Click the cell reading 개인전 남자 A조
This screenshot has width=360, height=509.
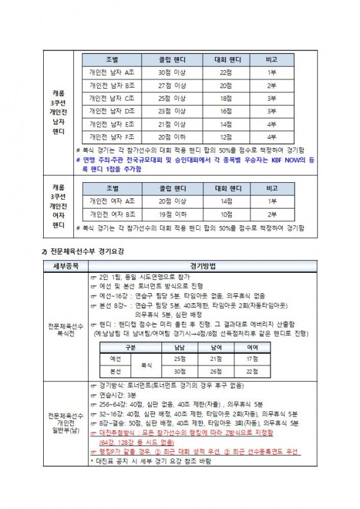(x=112, y=72)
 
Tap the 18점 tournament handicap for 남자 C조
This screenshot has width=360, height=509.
(x=226, y=98)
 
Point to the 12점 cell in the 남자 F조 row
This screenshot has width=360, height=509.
(x=226, y=137)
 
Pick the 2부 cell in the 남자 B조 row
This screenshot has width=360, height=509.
(x=272, y=85)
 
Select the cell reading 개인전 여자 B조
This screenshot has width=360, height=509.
(x=112, y=213)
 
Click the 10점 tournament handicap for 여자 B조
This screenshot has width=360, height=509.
(x=226, y=213)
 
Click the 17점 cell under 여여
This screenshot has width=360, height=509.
(x=253, y=359)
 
